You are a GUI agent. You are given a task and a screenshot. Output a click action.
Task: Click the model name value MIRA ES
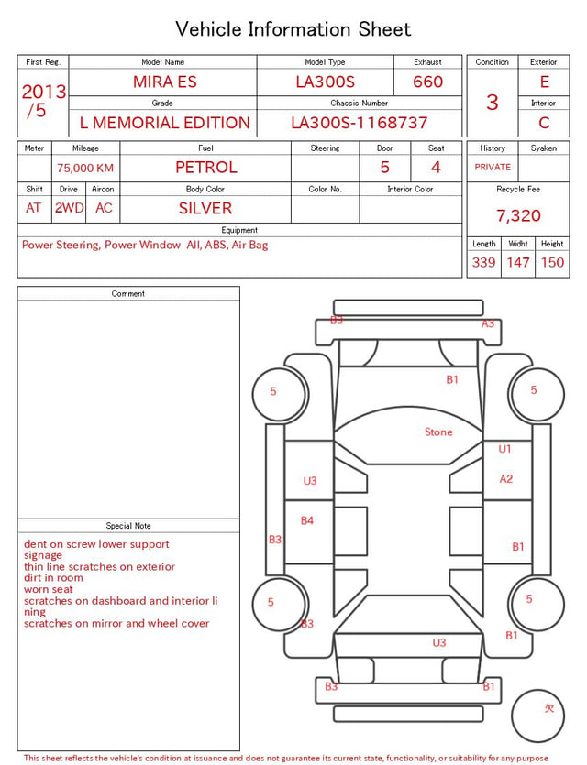click(165, 82)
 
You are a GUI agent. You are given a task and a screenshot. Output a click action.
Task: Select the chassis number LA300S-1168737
click(359, 123)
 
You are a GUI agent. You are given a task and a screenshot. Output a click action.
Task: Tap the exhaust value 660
click(427, 82)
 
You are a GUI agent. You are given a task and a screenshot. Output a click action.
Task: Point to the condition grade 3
click(493, 103)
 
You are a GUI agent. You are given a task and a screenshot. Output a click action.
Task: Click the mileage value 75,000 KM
click(85, 169)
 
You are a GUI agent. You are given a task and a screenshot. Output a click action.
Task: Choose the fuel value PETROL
click(206, 168)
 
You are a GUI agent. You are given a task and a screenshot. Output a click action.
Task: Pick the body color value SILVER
click(205, 208)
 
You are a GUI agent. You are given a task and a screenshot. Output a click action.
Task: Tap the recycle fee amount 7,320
click(518, 215)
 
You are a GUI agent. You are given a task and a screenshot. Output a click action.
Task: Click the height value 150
click(552, 262)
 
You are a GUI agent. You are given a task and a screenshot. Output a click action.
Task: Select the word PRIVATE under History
click(493, 167)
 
